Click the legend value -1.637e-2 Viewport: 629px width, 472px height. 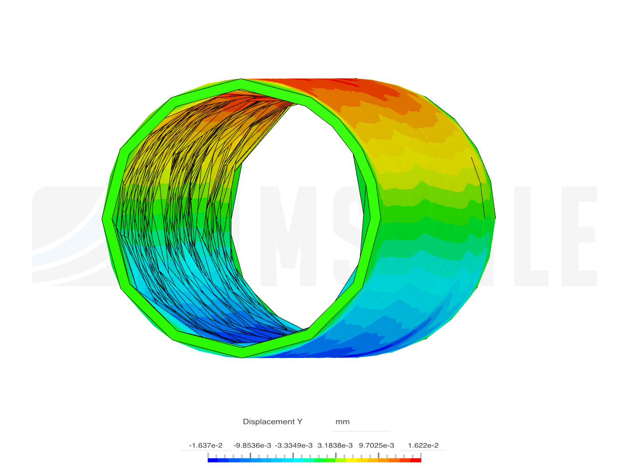click(205, 445)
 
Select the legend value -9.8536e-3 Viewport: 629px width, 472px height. click(252, 445)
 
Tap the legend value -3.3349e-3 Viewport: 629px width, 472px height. click(294, 445)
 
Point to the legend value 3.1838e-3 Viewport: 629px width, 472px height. click(335, 445)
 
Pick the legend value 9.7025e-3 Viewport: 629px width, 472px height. click(377, 445)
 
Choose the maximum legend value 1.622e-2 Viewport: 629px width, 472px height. click(423, 445)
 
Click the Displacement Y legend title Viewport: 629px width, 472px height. click(273, 422)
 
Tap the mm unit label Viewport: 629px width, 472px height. click(342, 422)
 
